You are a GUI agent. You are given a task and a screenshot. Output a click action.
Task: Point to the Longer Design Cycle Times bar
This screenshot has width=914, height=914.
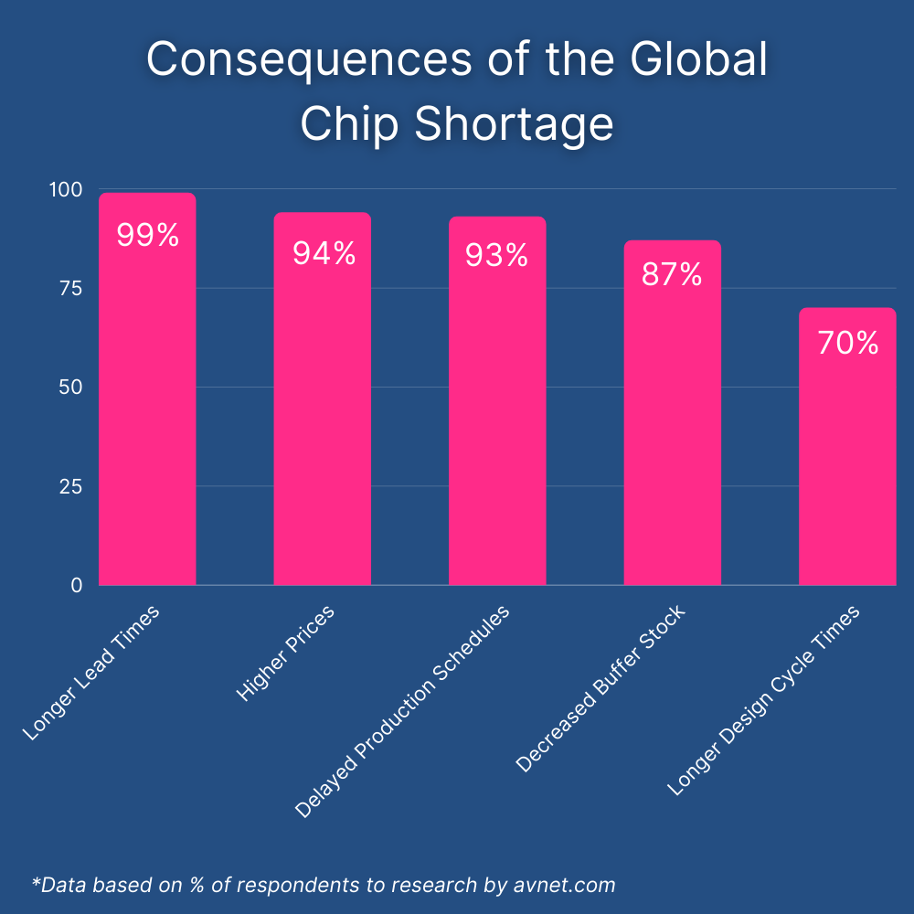point(847,457)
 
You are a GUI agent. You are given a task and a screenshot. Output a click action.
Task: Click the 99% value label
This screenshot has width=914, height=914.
point(147,236)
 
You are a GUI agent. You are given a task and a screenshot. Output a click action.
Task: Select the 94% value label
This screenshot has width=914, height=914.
point(324,253)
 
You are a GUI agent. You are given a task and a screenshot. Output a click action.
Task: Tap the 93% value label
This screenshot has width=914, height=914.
point(497,256)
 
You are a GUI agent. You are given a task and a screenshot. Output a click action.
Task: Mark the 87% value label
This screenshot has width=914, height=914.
point(672,274)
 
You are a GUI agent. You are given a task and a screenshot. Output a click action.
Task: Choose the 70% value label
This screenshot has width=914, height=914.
point(847,343)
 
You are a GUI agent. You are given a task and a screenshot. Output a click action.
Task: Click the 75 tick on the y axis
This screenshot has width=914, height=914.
point(70,288)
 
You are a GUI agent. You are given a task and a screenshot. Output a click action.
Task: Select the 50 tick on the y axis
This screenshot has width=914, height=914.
point(70,387)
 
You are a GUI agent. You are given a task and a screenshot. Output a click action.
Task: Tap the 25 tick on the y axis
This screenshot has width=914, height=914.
point(70,486)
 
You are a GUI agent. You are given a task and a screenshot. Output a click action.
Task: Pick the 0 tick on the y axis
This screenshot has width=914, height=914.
point(77,585)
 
